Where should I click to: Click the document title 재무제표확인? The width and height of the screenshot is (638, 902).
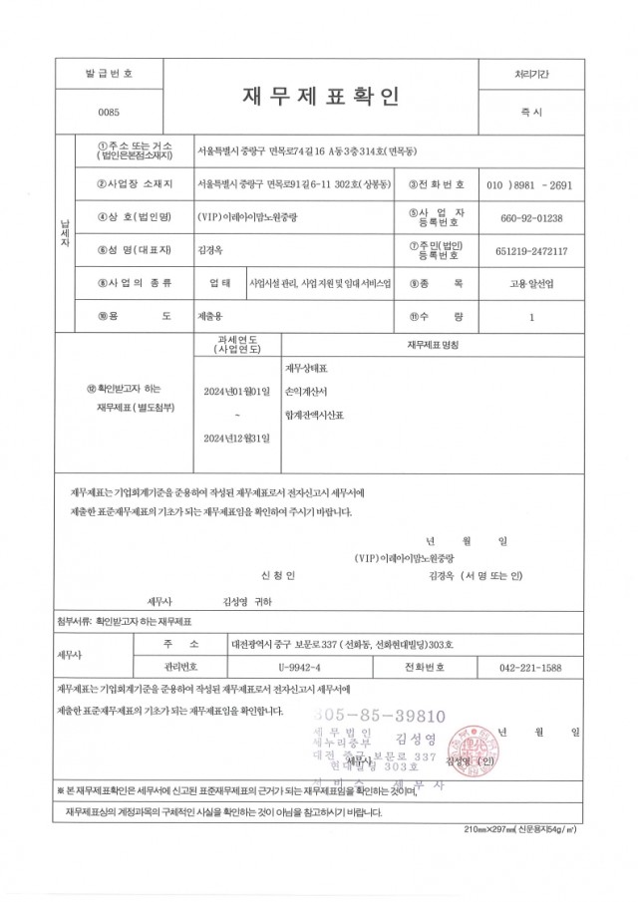319,98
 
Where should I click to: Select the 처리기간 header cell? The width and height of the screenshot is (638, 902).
529,75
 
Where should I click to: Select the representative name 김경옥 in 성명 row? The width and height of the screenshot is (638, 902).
212,250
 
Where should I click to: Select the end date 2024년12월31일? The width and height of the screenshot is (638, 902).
236,437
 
